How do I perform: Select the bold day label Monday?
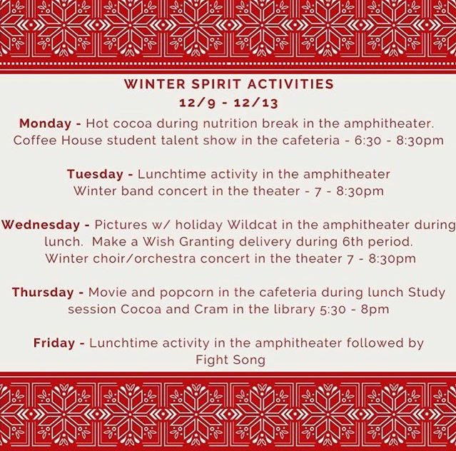point(44,122)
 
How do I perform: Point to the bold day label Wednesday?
point(34,225)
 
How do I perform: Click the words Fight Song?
point(230,360)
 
